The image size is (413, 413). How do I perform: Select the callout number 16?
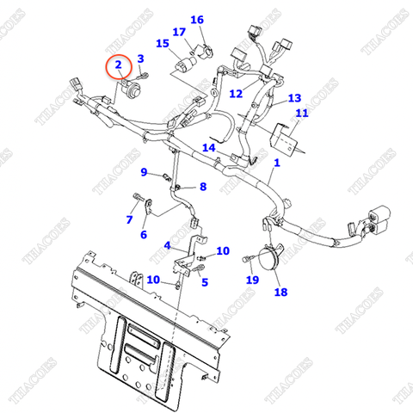pyautogui.click(x=197, y=20)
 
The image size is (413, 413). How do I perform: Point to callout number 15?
pyautogui.click(x=162, y=43)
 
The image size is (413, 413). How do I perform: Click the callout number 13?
pyautogui.click(x=294, y=98)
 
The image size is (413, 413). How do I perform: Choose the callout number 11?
pyautogui.click(x=301, y=114)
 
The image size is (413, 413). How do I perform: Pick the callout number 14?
pyautogui.click(x=208, y=148)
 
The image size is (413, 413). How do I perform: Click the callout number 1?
pyautogui.click(x=277, y=163)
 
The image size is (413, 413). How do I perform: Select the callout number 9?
pyautogui.click(x=145, y=172)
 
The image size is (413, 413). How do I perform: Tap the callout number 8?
pyautogui.click(x=203, y=187)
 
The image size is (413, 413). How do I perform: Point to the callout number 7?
pyautogui.click(x=129, y=219)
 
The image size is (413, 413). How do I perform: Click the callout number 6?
pyautogui.click(x=143, y=235)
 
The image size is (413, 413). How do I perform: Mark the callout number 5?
pyautogui.click(x=205, y=281)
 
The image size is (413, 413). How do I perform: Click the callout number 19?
pyautogui.click(x=252, y=280)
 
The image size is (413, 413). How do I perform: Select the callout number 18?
pyautogui.click(x=280, y=293)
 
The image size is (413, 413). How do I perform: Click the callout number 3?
pyautogui.click(x=141, y=58)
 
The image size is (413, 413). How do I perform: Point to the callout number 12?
pyautogui.click(x=236, y=92)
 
